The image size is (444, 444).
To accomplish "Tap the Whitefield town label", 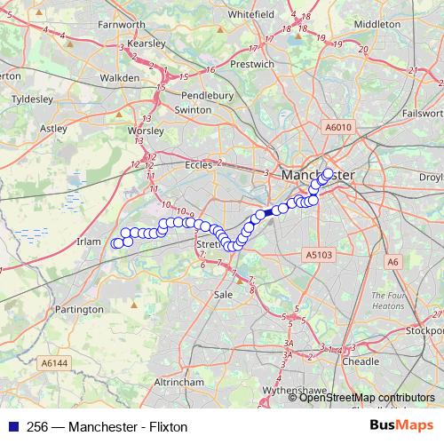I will pyautogui.click(x=251, y=15).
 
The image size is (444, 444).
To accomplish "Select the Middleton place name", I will pyautogui.click(x=377, y=24).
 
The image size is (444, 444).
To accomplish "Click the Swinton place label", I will pyautogui.click(x=193, y=109).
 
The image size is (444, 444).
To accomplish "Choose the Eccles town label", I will pyautogui.click(x=199, y=164).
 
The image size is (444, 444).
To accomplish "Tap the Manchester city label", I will pyautogui.click(x=317, y=176).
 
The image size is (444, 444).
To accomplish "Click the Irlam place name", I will pyautogui.click(x=91, y=242).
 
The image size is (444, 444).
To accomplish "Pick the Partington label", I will pyautogui.click(x=79, y=309).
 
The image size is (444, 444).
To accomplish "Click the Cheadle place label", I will pyautogui.click(x=361, y=361).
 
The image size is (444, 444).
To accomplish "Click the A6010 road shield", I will pyautogui.click(x=338, y=127).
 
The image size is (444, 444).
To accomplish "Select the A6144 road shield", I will pyautogui.click(x=54, y=362).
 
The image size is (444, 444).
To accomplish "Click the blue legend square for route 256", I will pyautogui.click(x=10, y=426).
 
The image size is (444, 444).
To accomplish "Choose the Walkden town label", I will pyautogui.click(x=120, y=78).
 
